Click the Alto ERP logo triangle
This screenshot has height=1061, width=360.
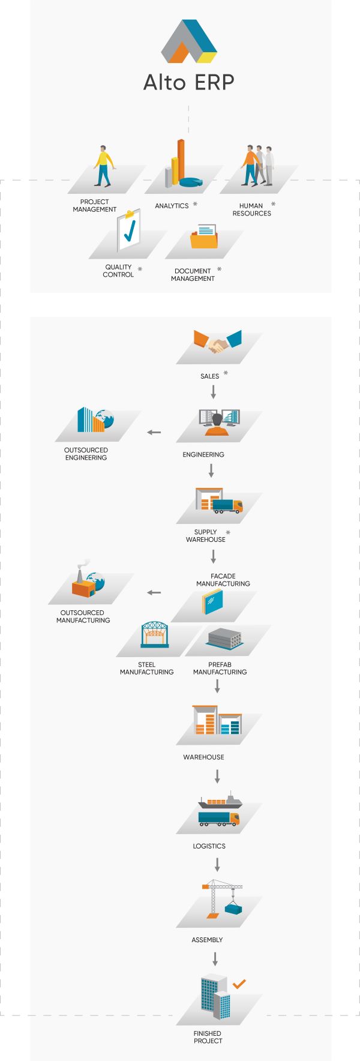[x=189, y=41]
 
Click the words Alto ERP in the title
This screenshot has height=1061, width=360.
[x=188, y=82]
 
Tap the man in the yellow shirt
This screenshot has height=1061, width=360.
[x=104, y=166]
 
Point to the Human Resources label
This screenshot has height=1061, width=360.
[x=251, y=209]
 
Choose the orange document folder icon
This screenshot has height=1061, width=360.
[x=204, y=236]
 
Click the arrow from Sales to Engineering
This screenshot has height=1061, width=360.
[x=213, y=392]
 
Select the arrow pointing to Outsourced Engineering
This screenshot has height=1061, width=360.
[x=154, y=432]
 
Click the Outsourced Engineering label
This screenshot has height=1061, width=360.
[x=86, y=454]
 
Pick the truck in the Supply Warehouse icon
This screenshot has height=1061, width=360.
[x=227, y=506]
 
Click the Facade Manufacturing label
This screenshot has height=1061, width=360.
[x=223, y=580]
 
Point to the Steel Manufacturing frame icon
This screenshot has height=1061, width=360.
[x=155, y=635]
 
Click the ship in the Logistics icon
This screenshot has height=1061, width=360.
[x=220, y=802]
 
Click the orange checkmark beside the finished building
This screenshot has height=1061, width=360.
[x=239, y=984]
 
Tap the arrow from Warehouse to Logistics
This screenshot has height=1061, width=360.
[x=217, y=777]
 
